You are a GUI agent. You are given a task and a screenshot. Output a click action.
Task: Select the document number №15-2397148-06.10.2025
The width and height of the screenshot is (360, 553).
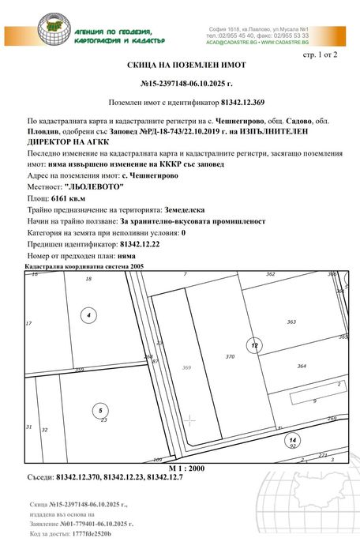[x=186, y=83]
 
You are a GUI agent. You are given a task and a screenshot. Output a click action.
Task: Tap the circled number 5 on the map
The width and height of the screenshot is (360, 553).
[x=99, y=410]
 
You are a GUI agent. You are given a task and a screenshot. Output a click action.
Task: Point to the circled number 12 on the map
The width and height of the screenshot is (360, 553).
[x=254, y=346]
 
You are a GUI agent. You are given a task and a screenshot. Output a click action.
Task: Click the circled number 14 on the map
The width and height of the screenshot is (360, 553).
[x=293, y=439]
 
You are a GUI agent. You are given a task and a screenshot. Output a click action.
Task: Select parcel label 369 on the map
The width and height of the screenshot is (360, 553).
[x=187, y=367]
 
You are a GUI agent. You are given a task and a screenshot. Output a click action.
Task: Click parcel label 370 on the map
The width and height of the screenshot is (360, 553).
[x=231, y=357]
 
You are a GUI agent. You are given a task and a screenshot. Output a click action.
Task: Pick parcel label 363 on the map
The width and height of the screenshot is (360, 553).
[x=291, y=322]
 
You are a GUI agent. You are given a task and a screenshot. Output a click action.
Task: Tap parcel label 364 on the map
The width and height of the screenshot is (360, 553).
[x=302, y=366]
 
